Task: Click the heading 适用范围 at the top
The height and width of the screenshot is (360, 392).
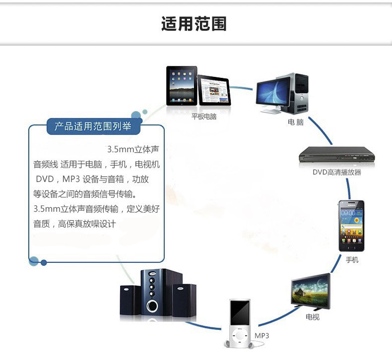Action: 194,23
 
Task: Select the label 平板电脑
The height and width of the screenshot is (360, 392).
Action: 204,117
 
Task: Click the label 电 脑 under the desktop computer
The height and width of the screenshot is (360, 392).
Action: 295,121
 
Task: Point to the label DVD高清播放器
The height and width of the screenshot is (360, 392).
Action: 336,173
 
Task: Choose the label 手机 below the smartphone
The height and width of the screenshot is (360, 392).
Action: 351,259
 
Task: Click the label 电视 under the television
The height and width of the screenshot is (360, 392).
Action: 312,317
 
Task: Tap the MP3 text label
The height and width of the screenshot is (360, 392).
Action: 261,336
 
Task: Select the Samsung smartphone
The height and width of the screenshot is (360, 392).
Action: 351,226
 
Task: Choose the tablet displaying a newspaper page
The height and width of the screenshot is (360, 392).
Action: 214,90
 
